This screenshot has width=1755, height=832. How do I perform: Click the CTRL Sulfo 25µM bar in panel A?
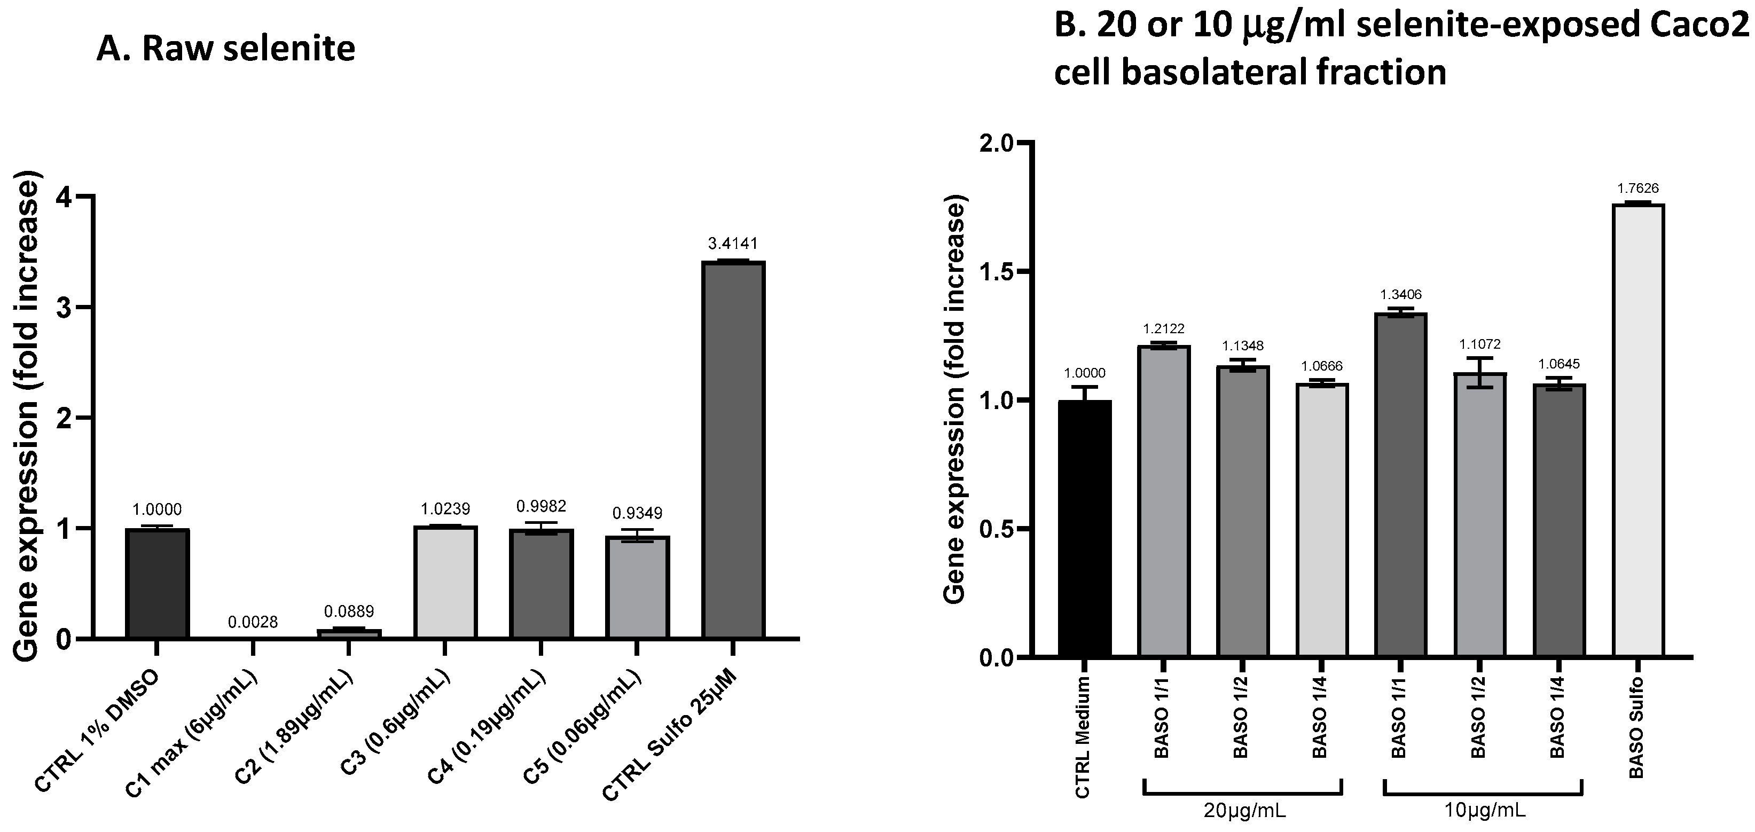(733, 450)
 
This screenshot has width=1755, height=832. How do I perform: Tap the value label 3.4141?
(733, 244)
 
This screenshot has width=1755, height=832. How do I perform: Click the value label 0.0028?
(253, 622)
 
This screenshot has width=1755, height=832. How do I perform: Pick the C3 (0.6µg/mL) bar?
(445, 582)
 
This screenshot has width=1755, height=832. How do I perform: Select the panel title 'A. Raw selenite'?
(225, 49)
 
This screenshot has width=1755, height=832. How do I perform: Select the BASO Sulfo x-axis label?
(1636, 728)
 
